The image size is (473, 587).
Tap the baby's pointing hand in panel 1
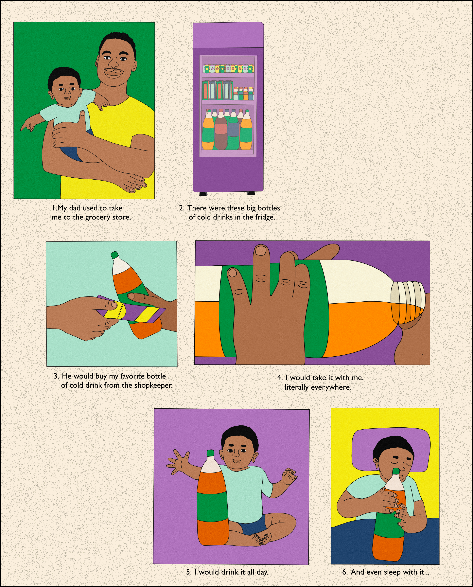tap(27, 126)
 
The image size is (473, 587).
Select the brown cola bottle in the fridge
tap(221, 130)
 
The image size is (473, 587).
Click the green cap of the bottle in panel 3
tap(114, 255)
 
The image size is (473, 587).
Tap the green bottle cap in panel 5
tap(210, 453)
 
